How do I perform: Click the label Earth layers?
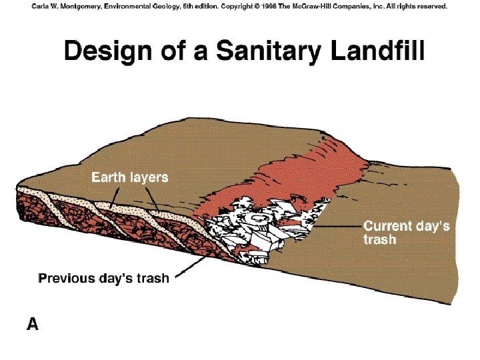pos(129,177)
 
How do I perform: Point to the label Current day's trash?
pos(406,232)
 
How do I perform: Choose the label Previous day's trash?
pos(104,279)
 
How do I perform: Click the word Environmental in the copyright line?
pos(130,6)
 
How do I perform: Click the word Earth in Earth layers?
pos(107,177)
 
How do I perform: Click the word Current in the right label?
pos(385,226)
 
